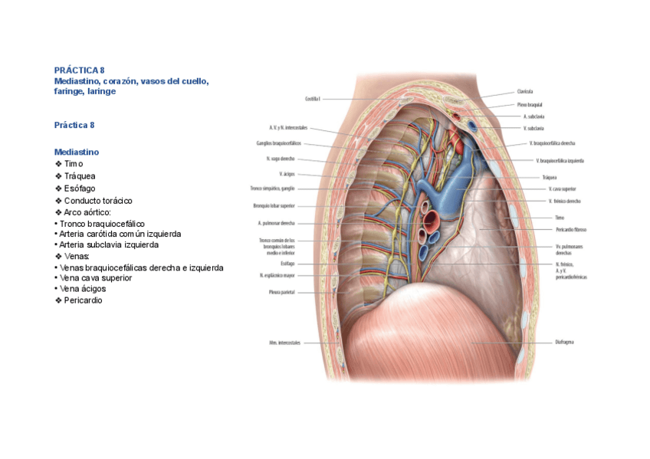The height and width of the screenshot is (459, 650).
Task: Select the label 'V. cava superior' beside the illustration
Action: [562, 189]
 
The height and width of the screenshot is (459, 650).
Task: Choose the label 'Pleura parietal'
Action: [281, 292]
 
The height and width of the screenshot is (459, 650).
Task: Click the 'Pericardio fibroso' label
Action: [571, 229]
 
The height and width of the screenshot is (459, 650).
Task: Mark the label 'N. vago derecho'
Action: [275, 159]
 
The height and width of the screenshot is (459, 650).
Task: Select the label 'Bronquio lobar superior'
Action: [274, 205]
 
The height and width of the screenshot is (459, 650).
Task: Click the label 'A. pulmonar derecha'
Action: [277, 223]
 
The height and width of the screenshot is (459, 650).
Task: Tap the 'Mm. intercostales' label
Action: [284, 342]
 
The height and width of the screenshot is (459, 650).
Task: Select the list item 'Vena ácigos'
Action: [83, 289]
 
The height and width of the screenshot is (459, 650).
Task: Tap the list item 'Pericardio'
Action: [83, 300]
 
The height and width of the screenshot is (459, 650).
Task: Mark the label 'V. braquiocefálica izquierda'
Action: [560, 161]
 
